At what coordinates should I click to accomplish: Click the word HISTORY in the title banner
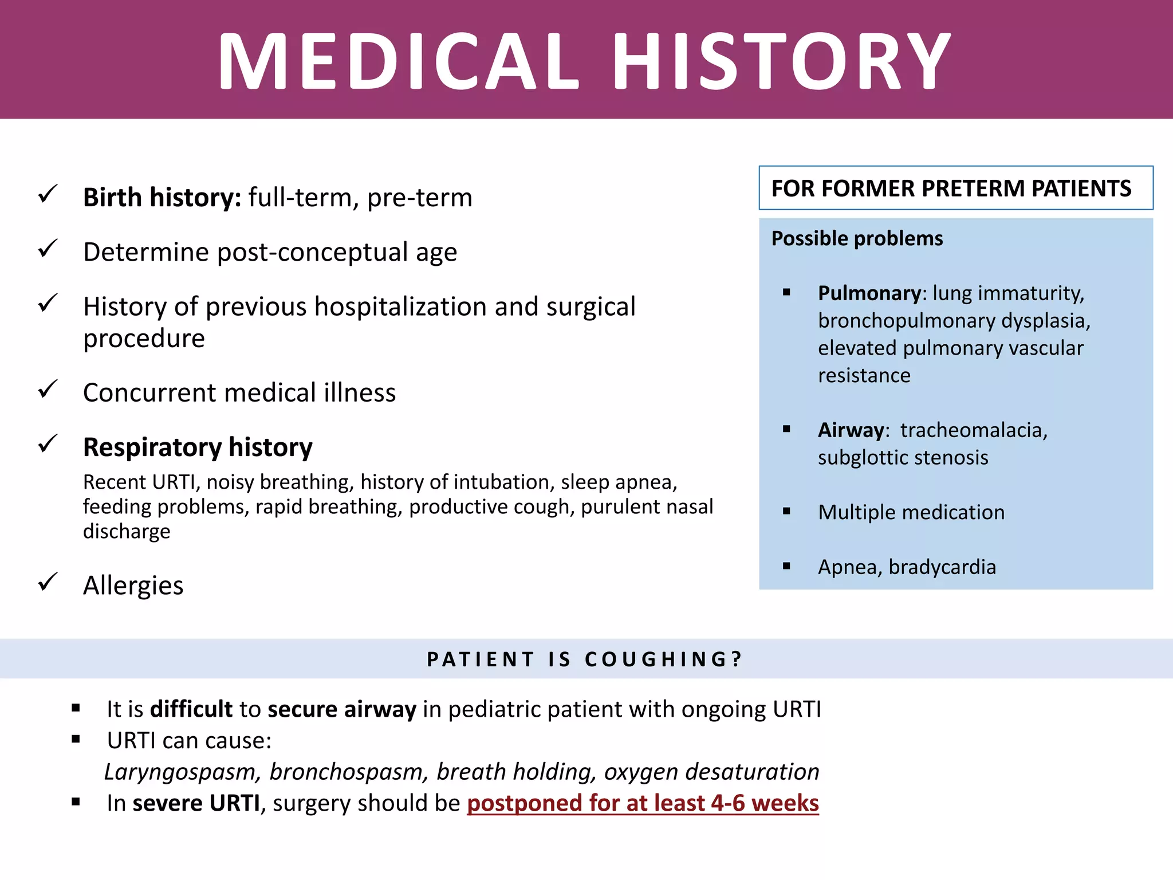[x=782, y=61]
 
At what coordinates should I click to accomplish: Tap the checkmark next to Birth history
[x=48, y=194]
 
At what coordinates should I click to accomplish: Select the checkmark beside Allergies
[x=48, y=582]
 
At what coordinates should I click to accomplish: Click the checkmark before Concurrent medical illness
[x=48, y=390]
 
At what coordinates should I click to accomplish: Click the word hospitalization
[x=401, y=307]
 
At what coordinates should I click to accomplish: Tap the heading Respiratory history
[x=198, y=447]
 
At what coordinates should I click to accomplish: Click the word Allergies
[x=133, y=586]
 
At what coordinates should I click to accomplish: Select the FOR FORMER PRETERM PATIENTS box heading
[x=951, y=188]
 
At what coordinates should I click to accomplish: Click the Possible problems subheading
[x=857, y=238]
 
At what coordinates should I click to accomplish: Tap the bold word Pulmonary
[x=869, y=293]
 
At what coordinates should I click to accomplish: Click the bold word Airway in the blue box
[x=851, y=430]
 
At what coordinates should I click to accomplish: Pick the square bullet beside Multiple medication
[x=786, y=511]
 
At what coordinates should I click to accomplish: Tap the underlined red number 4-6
[x=730, y=803]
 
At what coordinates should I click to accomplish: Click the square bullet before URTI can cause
[x=76, y=739]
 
